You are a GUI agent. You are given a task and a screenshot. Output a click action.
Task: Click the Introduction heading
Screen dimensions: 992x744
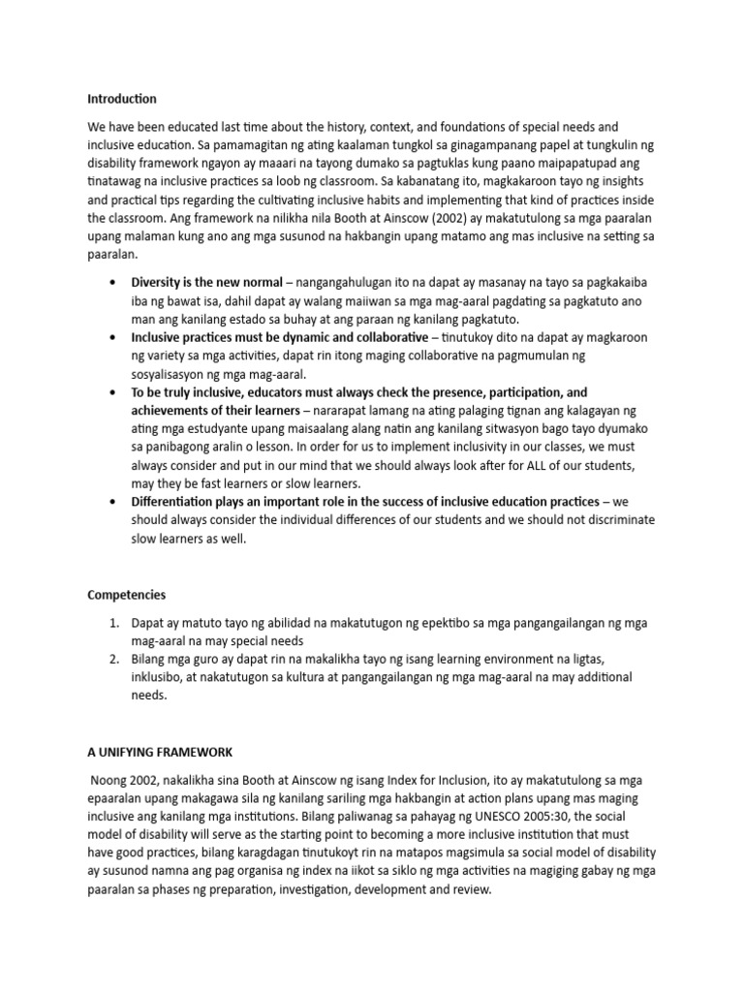pyautogui.click(x=122, y=99)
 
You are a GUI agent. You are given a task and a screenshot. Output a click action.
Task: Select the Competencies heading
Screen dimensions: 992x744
pyautogui.click(x=127, y=595)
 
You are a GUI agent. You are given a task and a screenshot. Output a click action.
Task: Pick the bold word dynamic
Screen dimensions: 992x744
pyautogui.click(x=309, y=337)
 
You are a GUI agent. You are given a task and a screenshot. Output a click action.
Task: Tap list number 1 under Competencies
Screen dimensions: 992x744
pyautogui.click(x=114, y=623)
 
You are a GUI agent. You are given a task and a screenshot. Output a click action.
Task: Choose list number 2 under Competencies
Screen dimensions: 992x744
pyautogui.click(x=114, y=660)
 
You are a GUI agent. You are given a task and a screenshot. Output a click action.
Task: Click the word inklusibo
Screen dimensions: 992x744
pyautogui.click(x=161, y=678)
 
